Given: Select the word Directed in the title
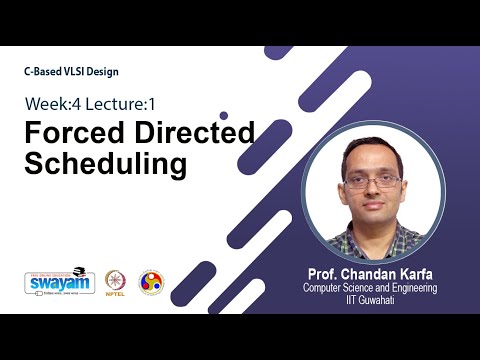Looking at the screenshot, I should click(189, 134).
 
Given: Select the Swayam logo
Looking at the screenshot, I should click(59, 282).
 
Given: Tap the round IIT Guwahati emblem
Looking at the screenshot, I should click(151, 282).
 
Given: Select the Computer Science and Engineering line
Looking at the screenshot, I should click(373, 287).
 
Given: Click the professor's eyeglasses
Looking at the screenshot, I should click(372, 182).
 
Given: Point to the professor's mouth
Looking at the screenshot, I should click(373, 211).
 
